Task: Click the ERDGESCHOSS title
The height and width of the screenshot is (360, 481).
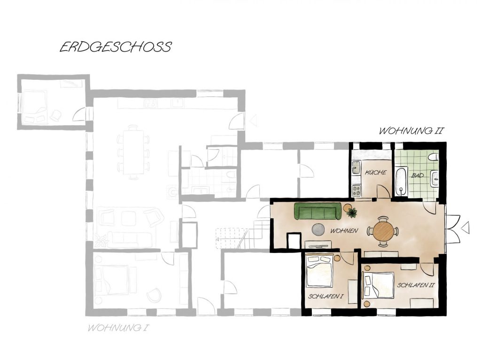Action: (116, 47)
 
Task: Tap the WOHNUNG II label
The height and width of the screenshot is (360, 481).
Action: (411, 131)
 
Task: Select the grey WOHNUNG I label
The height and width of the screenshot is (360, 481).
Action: (118, 327)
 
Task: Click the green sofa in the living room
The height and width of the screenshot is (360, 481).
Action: (318, 212)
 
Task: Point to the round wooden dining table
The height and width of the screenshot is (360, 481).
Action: (383, 231)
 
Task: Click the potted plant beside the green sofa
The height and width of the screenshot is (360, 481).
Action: (351, 213)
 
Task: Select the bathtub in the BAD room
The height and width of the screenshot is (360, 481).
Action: (401, 182)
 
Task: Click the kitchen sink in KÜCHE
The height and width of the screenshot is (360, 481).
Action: (356, 167)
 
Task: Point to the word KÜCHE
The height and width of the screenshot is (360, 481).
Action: (375, 173)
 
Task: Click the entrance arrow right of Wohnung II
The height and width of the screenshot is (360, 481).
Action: (465, 228)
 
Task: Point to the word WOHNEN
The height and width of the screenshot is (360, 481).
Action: (344, 231)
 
